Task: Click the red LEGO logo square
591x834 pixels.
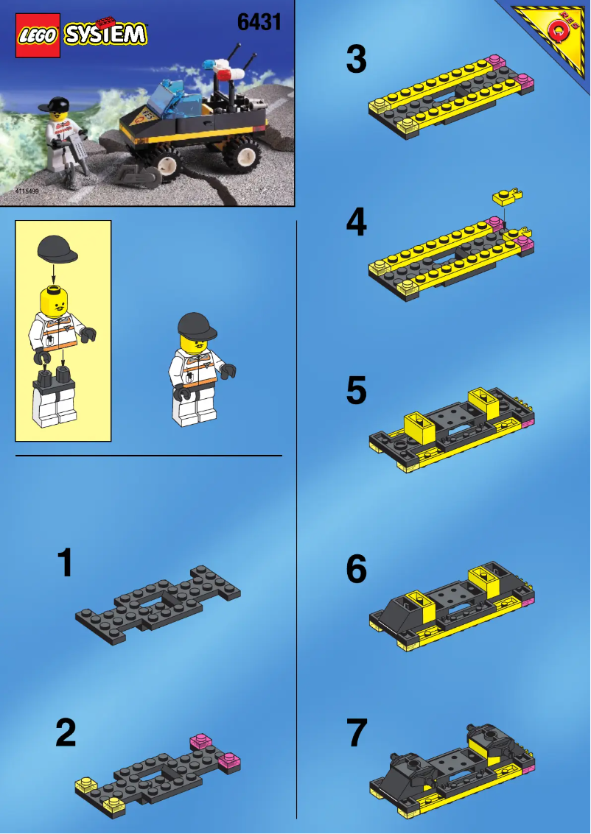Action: [x=38, y=35]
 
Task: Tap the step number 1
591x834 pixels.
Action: [x=66, y=563]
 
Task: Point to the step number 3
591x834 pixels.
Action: [x=356, y=60]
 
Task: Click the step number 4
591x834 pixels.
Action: [x=356, y=222]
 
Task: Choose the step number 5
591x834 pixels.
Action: [x=356, y=391]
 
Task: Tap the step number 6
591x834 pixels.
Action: [x=356, y=569]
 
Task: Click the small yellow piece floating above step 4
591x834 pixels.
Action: [x=508, y=196]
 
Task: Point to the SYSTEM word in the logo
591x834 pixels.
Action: [x=105, y=34]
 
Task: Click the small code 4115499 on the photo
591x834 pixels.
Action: [x=27, y=191]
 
